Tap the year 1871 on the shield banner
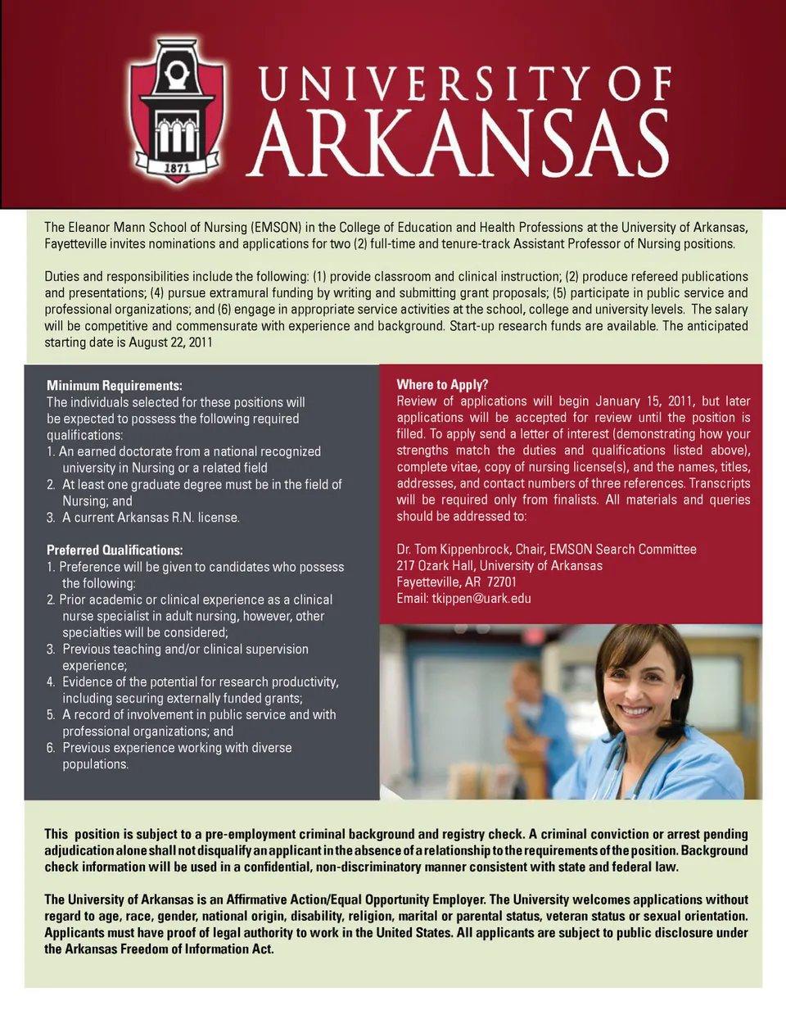click(x=177, y=168)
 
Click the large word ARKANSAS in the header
click(x=460, y=144)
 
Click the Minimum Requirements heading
click(x=114, y=386)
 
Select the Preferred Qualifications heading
click(x=114, y=550)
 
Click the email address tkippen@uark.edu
click(x=481, y=599)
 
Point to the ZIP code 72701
click(x=501, y=582)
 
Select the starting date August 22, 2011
click(x=170, y=342)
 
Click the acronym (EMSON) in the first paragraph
click(x=276, y=228)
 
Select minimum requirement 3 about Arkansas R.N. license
click(x=151, y=518)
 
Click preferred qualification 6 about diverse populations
click(x=177, y=756)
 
